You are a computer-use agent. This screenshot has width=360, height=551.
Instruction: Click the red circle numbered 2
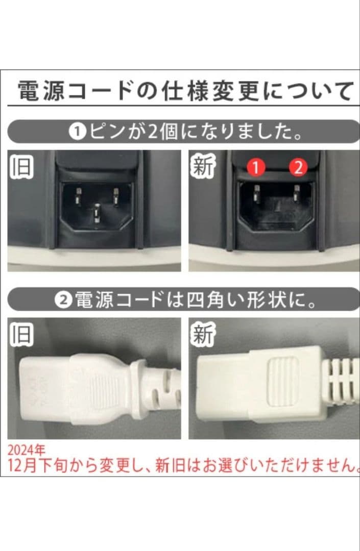(x=298, y=167)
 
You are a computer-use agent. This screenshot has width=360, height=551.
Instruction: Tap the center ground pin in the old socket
(x=97, y=210)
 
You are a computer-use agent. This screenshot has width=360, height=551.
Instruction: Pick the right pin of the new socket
(x=296, y=193)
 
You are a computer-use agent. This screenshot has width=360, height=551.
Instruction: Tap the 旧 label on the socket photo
(x=21, y=167)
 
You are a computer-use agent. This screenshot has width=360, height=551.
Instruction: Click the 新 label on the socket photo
(x=202, y=167)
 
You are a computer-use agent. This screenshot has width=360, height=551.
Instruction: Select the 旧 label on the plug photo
(x=21, y=334)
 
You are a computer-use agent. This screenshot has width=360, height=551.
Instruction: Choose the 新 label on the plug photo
(x=202, y=334)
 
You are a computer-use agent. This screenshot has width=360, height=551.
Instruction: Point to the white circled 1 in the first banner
(x=77, y=132)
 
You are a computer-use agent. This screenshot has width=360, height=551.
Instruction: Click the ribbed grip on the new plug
(x=283, y=381)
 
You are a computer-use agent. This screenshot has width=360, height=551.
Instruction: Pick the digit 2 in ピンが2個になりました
(x=155, y=132)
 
